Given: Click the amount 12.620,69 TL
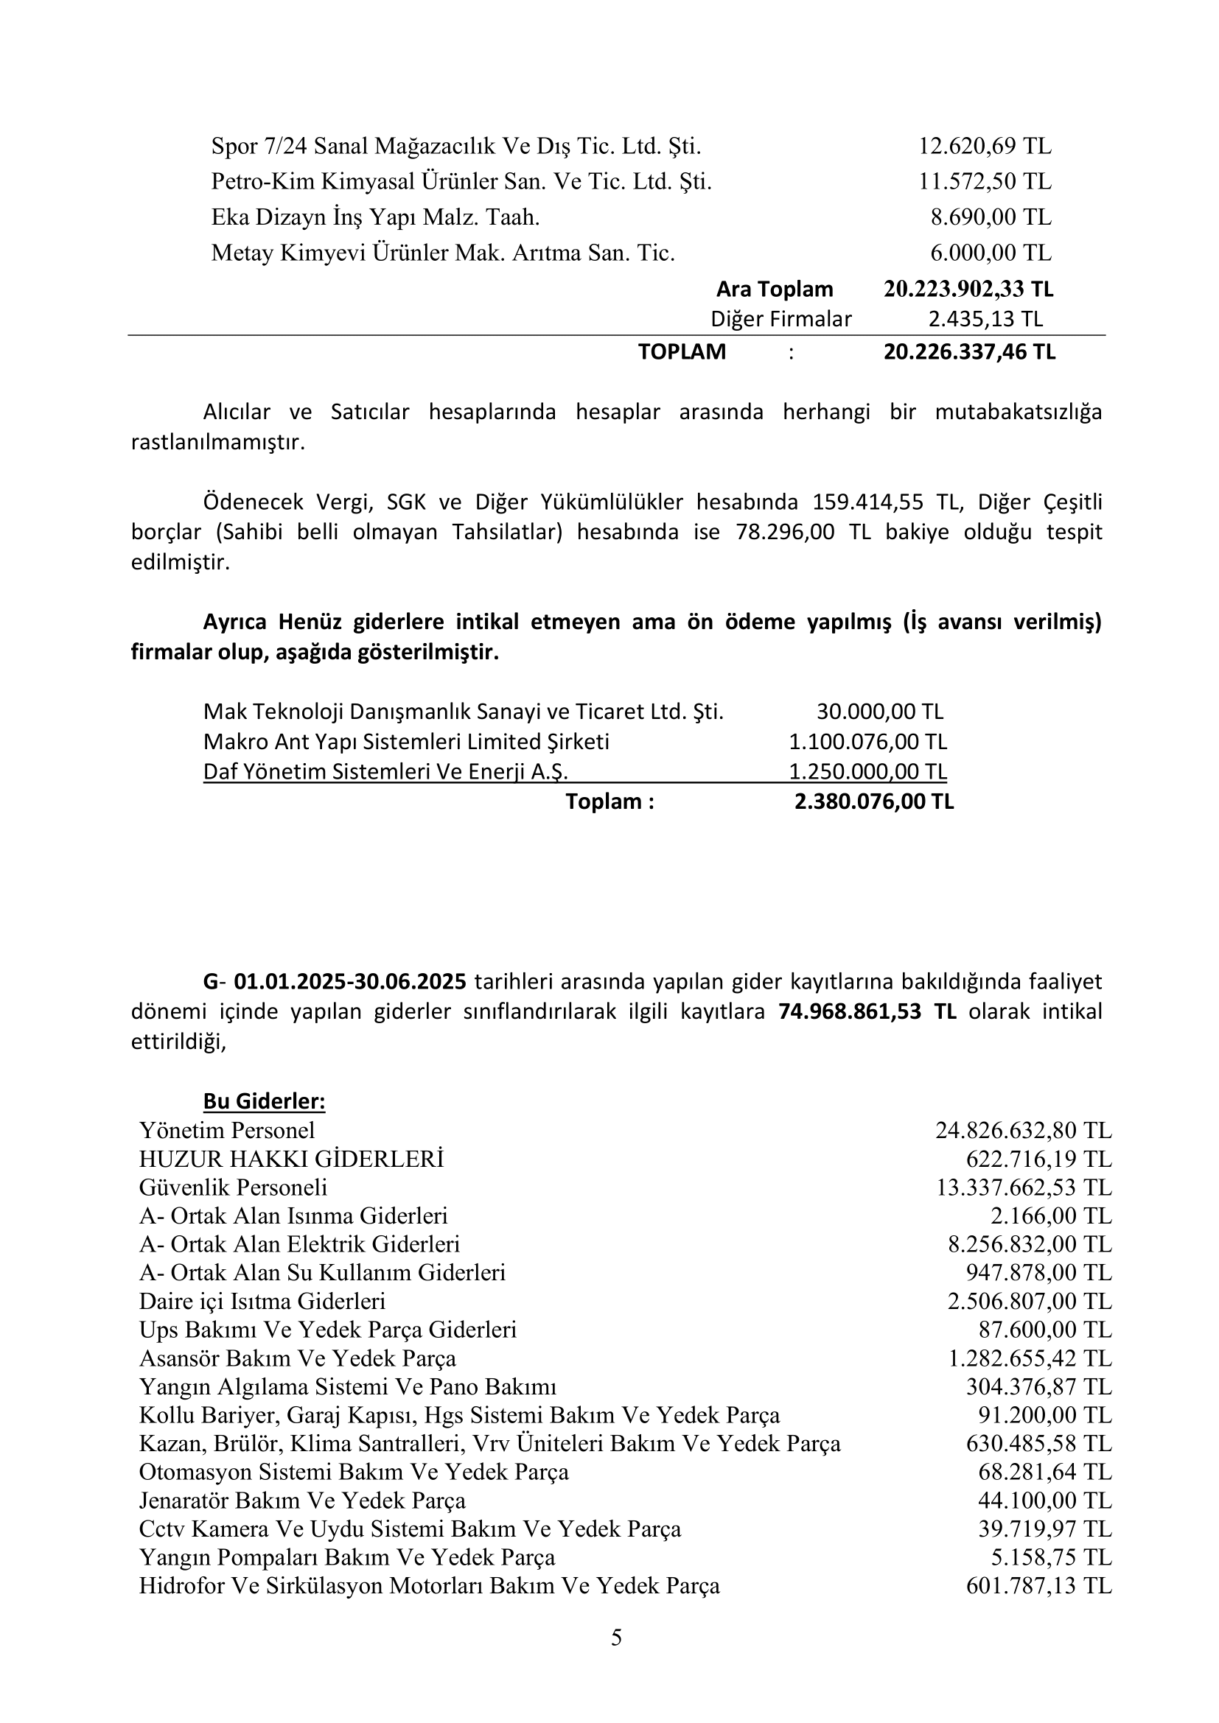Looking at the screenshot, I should pyautogui.click(x=985, y=146).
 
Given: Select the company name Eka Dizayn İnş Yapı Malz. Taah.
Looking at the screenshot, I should pyautogui.click(x=375, y=217).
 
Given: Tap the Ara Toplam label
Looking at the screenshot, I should pyautogui.click(x=774, y=289).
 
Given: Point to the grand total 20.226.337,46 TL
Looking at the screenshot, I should pyautogui.click(x=969, y=352).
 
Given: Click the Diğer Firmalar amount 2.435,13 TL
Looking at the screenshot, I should pyautogui.click(x=985, y=320).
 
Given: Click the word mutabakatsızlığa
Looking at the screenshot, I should pyautogui.click(x=1018, y=412).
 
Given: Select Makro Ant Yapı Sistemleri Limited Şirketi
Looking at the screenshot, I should pyautogui.click(x=406, y=743).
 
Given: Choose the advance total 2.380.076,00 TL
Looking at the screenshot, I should pyautogui.click(x=874, y=802).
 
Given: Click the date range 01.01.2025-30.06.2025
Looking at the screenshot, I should pyautogui.click(x=350, y=981).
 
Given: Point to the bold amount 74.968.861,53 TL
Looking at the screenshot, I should pyautogui.click(x=867, y=1011).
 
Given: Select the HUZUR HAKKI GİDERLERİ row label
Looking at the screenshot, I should pyautogui.click(x=291, y=1159).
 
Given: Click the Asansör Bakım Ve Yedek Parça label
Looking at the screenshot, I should pyautogui.click(x=297, y=1359).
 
